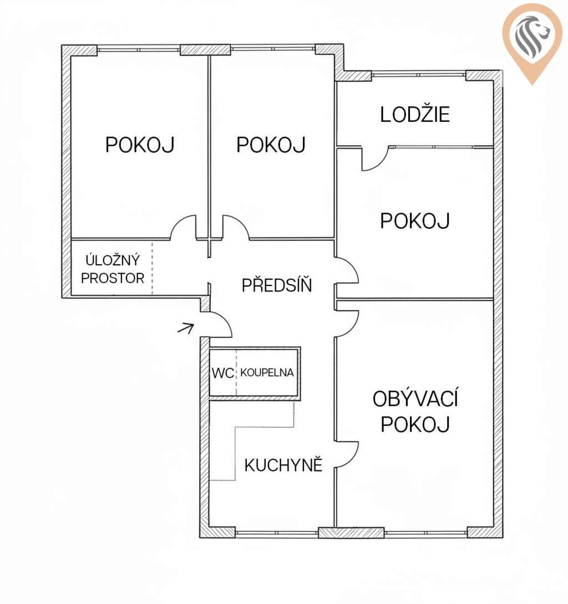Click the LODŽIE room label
point(415,114)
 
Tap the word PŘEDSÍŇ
point(276,285)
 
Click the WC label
point(223,373)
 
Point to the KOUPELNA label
point(267,372)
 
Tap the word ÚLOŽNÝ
point(112,260)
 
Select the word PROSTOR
point(112,278)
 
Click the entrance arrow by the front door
point(185,328)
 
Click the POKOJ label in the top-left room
point(140,145)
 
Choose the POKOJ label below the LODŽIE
point(415,221)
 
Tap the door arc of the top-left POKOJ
point(179,222)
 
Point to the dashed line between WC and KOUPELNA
point(236,372)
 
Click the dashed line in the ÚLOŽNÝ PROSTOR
point(152,269)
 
